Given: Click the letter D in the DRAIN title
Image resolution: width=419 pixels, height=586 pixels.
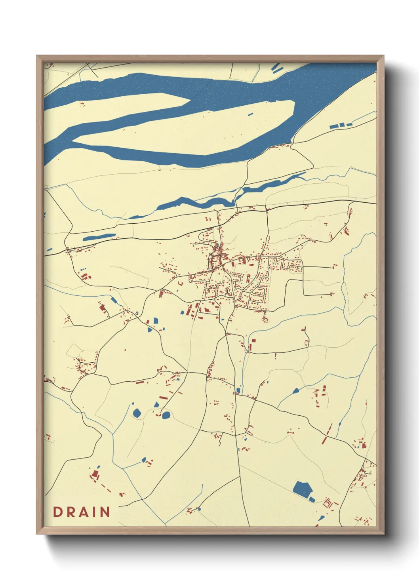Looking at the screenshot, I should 58,512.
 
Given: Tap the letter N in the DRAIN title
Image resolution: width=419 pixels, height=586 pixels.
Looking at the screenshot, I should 105,512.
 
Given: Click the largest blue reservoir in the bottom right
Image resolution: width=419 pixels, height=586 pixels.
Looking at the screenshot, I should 302,489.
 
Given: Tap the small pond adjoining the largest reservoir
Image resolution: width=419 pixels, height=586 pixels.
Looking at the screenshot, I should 312,499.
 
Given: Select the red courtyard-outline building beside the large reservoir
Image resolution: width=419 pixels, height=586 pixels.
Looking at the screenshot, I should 328,504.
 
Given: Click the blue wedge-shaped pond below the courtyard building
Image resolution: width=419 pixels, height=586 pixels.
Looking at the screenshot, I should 321,518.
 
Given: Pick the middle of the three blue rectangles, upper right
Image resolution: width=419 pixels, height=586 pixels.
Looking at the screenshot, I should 342,125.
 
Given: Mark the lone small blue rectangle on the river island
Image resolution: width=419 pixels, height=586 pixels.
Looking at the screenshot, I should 251,114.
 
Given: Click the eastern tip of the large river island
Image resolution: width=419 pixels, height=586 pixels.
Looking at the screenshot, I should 294,104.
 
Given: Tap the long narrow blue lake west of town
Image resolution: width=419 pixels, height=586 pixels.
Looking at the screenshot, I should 99,237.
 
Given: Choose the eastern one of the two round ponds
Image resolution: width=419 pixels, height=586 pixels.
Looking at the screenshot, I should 166,415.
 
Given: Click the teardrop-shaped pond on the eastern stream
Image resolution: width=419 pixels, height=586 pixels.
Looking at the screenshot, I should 295,391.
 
